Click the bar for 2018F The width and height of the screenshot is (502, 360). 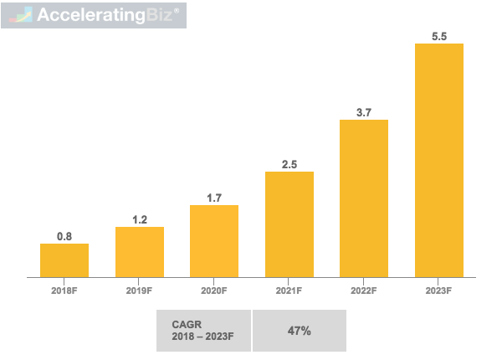(64, 260)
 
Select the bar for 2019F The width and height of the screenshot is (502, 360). (140, 251)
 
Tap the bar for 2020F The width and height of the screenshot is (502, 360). (214, 240)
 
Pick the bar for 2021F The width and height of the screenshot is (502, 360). (289, 224)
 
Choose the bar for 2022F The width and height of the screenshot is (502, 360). (364, 198)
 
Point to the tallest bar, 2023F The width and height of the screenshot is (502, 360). (439, 159)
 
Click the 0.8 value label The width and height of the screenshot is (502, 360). (64, 237)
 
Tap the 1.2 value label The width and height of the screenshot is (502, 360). (140, 220)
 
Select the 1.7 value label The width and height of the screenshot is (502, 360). (214, 198)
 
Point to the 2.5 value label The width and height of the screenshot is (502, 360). (289, 165)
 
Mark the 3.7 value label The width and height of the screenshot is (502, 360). (364, 113)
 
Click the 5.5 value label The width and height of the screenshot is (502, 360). (439, 37)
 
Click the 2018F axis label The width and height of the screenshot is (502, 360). (64, 291)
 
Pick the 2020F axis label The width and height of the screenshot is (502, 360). (214, 291)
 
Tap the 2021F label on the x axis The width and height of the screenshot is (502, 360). (289, 291)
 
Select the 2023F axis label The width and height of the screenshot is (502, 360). (439, 291)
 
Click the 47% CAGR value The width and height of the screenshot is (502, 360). (299, 331)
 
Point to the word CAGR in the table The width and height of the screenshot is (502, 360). (187, 324)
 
